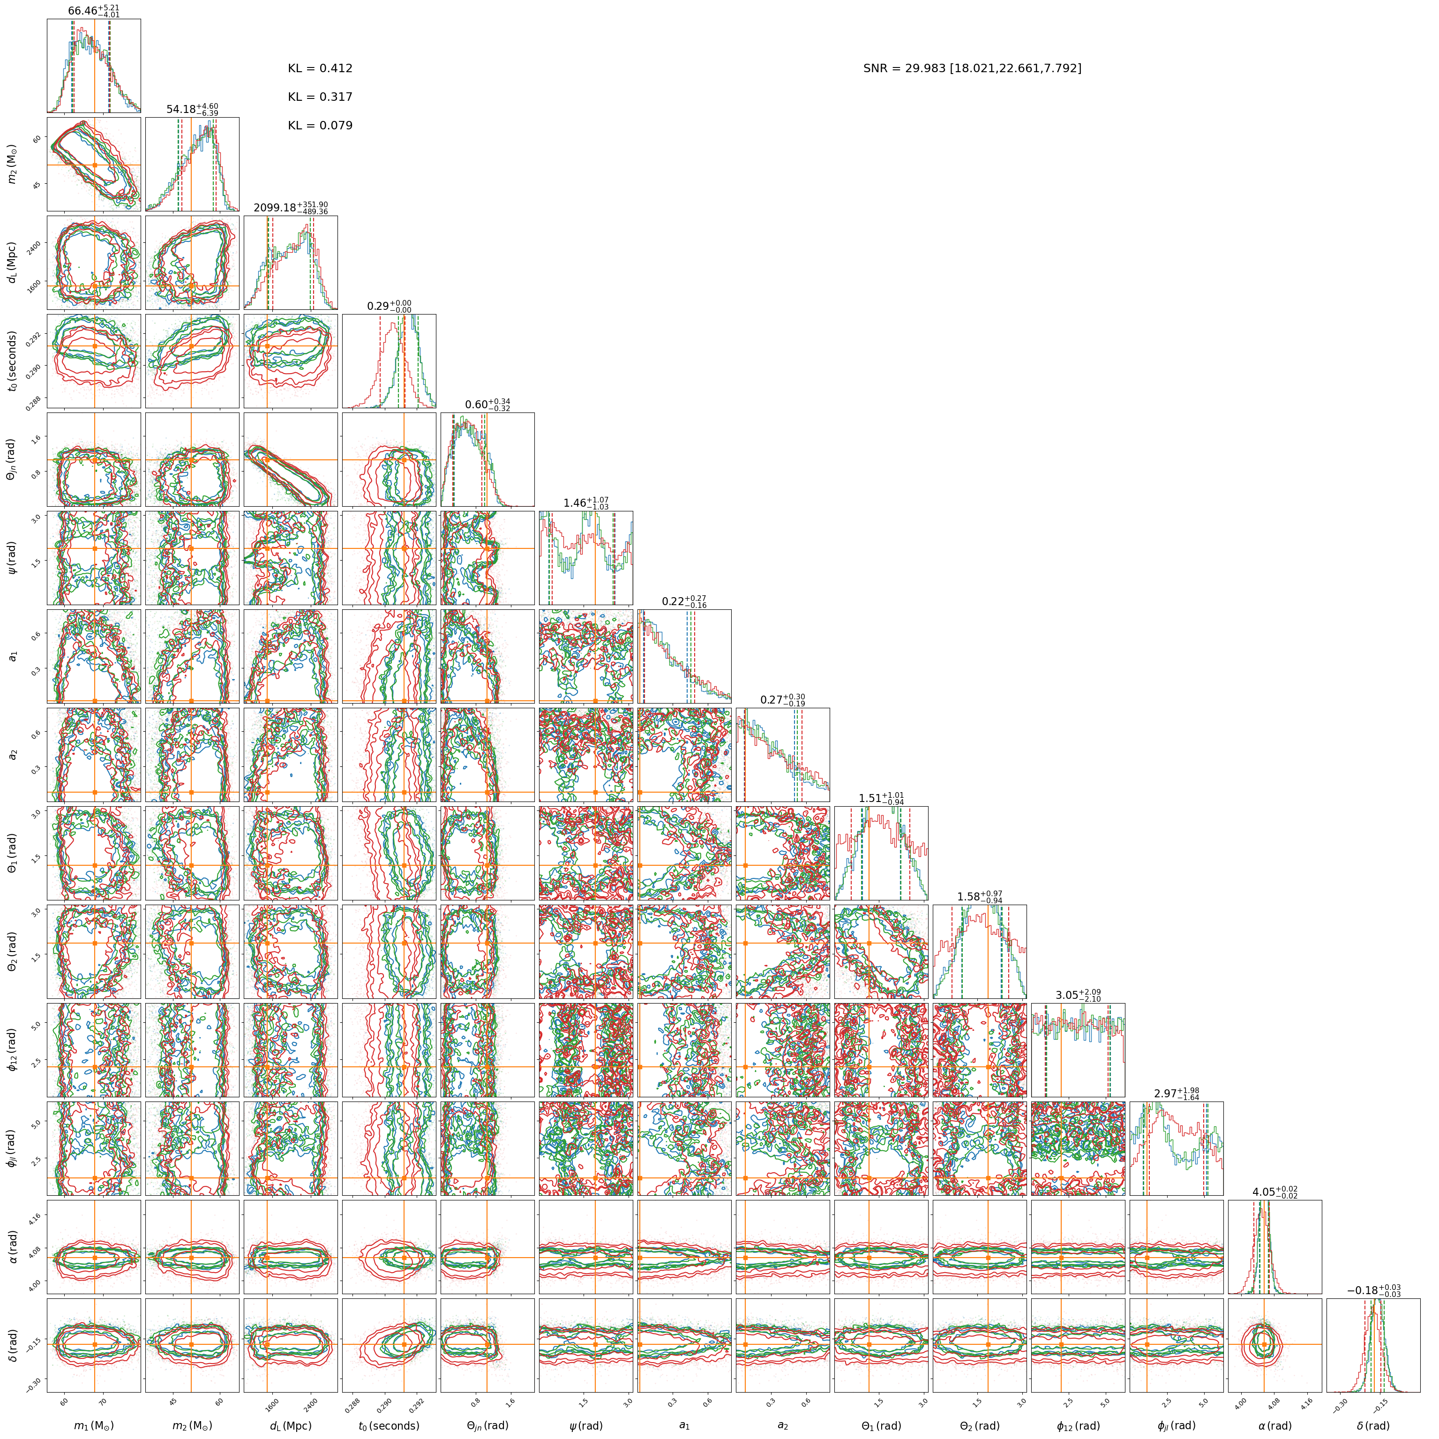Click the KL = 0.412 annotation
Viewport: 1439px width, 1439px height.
[x=320, y=68]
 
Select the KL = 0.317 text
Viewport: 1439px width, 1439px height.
[x=320, y=97]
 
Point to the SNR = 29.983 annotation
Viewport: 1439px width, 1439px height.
[x=972, y=68]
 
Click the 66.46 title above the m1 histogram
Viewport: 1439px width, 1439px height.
[x=94, y=11]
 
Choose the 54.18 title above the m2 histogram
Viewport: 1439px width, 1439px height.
[x=192, y=110]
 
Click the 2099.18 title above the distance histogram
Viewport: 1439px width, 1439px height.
[x=291, y=208]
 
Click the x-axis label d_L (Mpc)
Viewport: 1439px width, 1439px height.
[x=291, y=1425]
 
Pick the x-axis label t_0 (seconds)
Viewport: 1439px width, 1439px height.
[x=389, y=1425]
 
